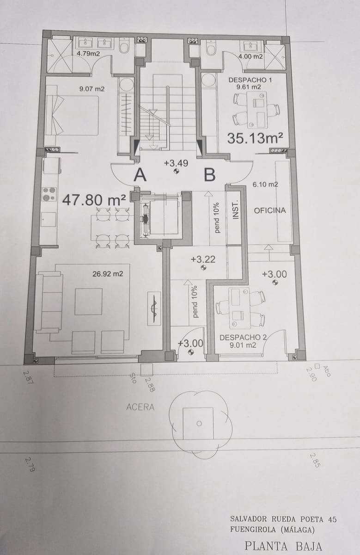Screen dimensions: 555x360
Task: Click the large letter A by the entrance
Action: pyautogui.click(x=140, y=175)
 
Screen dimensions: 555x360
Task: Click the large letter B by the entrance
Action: pyautogui.click(x=210, y=175)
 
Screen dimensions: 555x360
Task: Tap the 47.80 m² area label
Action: pyautogui.click(x=94, y=200)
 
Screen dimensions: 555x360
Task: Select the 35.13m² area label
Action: pyautogui.click(x=255, y=137)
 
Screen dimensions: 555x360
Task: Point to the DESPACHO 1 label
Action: pyautogui.click(x=247, y=80)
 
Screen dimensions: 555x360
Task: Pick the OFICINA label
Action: pyautogui.click(x=270, y=210)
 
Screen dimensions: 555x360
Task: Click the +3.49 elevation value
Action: pyautogui.click(x=176, y=163)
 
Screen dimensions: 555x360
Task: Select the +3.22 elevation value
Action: pyautogui.click(x=203, y=260)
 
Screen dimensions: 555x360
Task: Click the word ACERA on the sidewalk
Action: pyautogui.click(x=140, y=407)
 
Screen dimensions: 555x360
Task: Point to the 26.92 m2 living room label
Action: pyautogui.click(x=108, y=274)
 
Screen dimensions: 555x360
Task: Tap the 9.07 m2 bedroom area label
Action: pyautogui.click(x=92, y=89)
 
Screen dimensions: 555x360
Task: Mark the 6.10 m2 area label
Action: pyautogui.click(x=265, y=184)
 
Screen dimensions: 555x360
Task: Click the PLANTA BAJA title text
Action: pyautogui.click(x=283, y=546)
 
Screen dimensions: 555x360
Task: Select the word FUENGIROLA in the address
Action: pyautogui.click(x=253, y=530)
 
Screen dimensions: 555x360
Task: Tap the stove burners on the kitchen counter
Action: pyautogui.click(x=49, y=194)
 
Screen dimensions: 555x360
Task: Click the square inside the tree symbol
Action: pyautogui.click(x=198, y=423)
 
